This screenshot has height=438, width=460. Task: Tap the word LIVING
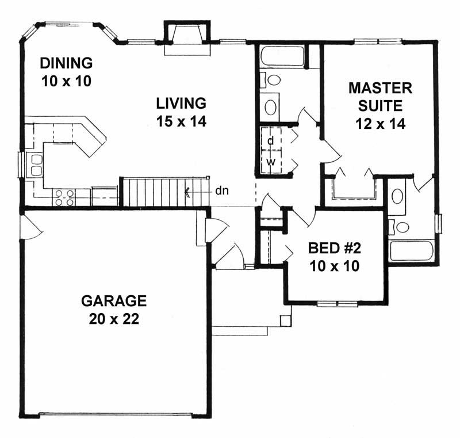click(181, 104)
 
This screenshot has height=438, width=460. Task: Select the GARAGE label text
click(114, 300)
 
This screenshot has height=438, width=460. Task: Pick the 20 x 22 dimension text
click(114, 319)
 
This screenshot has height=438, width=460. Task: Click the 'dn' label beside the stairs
click(221, 191)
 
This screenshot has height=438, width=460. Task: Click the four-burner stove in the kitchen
click(63, 197)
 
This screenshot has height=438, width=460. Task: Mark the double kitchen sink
click(36, 164)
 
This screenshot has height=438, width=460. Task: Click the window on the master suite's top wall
click(378, 41)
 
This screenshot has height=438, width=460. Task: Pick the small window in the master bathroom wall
click(440, 223)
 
